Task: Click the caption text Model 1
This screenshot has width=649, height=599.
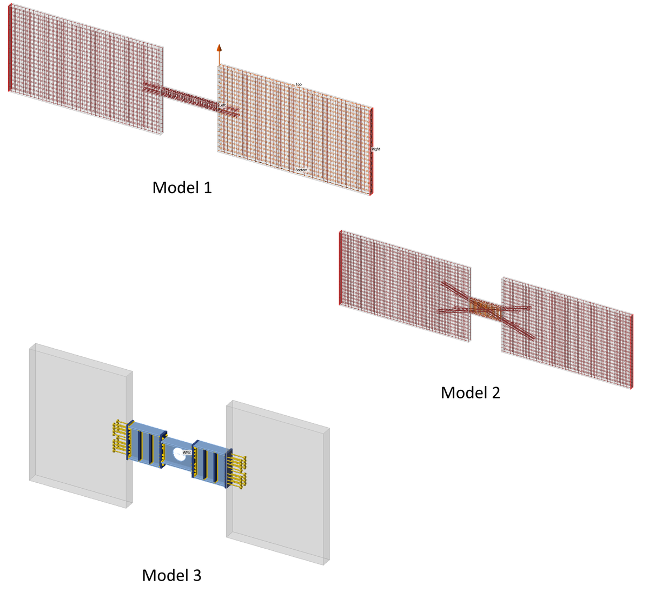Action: click(182, 188)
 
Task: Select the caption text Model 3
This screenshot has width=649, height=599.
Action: click(171, 575)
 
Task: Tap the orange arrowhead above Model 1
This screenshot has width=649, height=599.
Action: click(219, 48)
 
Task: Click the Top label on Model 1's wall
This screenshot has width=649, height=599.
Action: click(299, 84)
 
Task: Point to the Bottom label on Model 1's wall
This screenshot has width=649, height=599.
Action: click(301, 170)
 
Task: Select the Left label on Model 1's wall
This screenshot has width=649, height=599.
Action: click(222, 104)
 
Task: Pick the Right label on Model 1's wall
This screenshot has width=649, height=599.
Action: click(376, 149)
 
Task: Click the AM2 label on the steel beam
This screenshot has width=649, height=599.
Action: click(187, 452)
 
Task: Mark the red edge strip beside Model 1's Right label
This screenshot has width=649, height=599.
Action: click(371, 151)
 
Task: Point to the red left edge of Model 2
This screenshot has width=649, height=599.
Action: click(340, 268)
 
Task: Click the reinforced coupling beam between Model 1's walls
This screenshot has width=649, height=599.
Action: click(189, 98)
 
